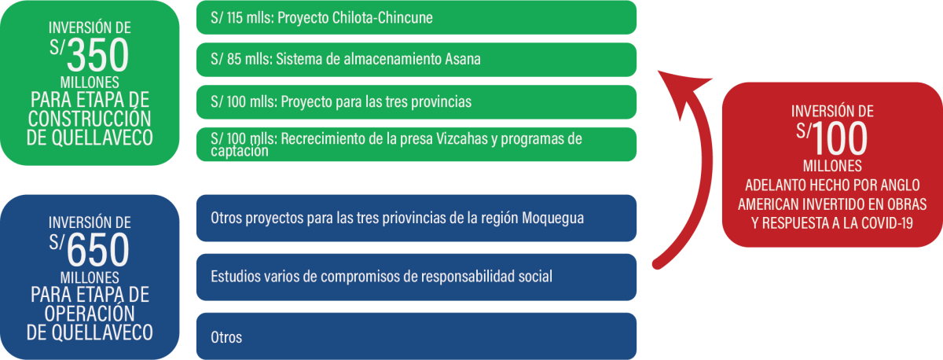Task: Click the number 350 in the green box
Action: pos(97,55)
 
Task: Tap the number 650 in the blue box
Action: pos(97,250)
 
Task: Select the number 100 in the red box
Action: pos(839,138)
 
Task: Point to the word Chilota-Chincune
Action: pos(382,17)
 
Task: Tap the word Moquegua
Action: pos(552,219)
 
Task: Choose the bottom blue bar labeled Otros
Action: pos(416,336)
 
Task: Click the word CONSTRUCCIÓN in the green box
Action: pos(90,119)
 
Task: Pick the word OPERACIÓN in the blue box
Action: pos(90,314)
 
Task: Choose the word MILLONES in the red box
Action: pos(832,166)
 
